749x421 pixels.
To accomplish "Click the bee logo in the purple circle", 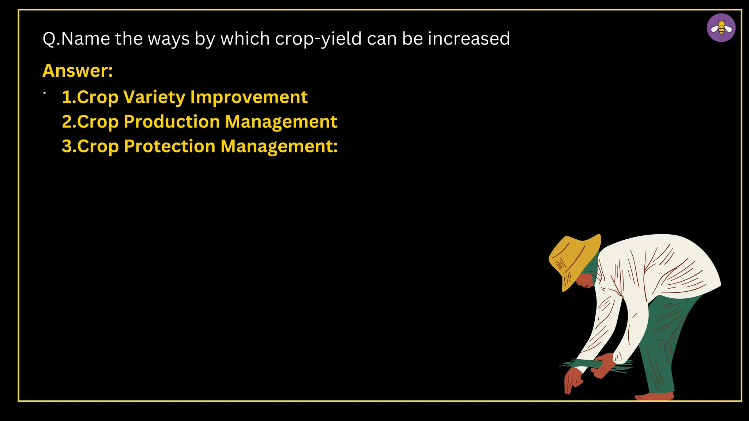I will coord(721,28).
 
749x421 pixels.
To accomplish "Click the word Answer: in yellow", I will coord(78,71).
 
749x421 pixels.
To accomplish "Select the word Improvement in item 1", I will coord(249,97).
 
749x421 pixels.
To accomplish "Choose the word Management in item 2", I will coord(281,122).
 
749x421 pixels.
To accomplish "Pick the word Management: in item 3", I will coord(279,146).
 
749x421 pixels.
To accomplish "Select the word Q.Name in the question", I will coord(76,39).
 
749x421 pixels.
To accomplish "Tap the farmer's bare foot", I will coord(655,396).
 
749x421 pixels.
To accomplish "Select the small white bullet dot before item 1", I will coord(44,93).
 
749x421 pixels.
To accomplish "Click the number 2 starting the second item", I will coord(67,122).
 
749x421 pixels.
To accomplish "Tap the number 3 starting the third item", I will coord(67,146).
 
